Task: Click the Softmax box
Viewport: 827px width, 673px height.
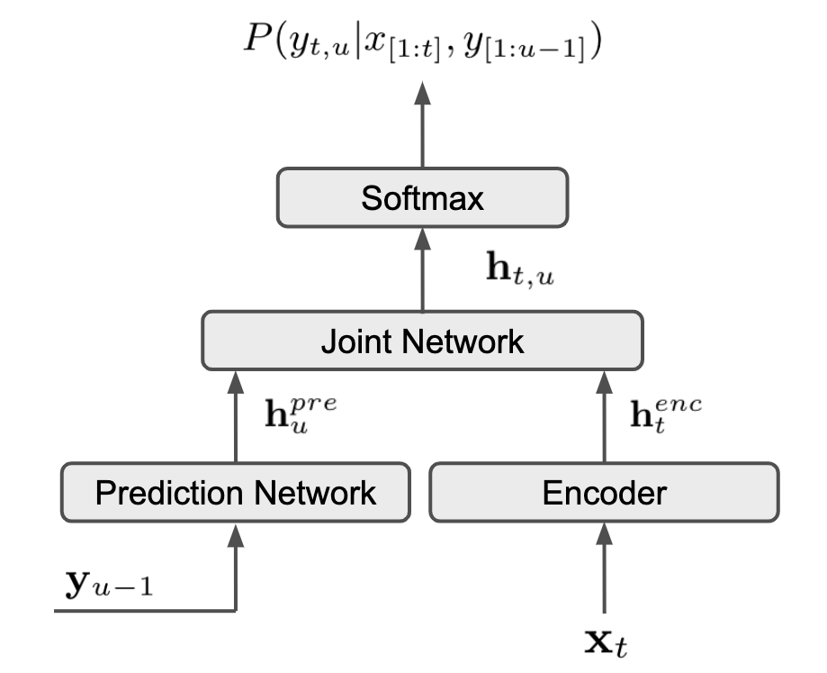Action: pyautogui.click(x=422, y=198)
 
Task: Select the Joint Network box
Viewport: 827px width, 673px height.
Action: pyautogui.click(x=422, y=341)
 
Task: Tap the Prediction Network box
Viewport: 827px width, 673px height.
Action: pyautogui.click(x=236, y=493)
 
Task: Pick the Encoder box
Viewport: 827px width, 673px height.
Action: pyautogui.click(x=605, y=493)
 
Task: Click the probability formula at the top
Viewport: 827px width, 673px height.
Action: pyautogui.click(x=422, y=42)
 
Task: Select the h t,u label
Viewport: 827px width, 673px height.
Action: pyautogui.click(x=519, y=269)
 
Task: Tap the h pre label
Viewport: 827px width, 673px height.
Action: pyautogui.click(x=301, y=415)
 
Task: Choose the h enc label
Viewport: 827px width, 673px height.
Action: pyautogui.click(x=666, y=415)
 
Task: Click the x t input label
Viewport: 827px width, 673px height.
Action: pyautogui.click(x=607, y=641)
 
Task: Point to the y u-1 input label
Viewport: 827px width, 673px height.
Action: pyautogui.click(x=109, y=584)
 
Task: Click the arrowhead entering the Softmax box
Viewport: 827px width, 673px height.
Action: pyautogui.click(x=422, y=239)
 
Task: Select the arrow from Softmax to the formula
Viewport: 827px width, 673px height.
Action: pyautogui.click(x=422, y=124)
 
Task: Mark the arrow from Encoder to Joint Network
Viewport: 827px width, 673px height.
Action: pyautogui.click(x=605, y=417)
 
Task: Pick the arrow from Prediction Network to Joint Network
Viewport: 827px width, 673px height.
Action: pyautogui.click(x=236, y=417)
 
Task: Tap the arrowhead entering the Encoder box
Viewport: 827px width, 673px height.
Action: pyautogui.click(x=605, y=534)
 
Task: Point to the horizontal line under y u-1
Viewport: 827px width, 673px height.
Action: pyautogui.click(x=145, y=611)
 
